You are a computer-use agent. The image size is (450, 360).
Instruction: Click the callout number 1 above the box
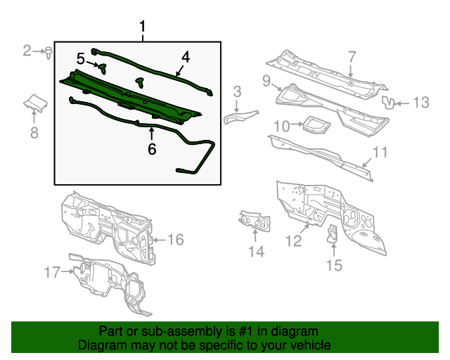pyautogui.click(x=143, y=27)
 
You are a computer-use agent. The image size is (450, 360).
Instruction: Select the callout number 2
pyautogui.click(x=27, y=50)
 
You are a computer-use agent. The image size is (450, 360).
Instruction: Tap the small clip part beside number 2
pyautogui.click(x=48, y=51)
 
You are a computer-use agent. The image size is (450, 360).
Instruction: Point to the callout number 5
pyautogui.click(x=81, y=58)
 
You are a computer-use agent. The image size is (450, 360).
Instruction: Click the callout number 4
pyautogui.click(x=186, y=57)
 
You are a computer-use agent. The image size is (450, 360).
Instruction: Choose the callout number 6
pyautogui.click(x=151, y=148)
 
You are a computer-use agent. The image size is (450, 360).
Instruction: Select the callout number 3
pyautogui.click(x=237, y=91)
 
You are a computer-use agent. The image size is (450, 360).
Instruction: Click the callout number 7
pyautogui.click(x=352, y=57)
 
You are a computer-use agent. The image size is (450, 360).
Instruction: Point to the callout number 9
pyautogui.click(x=267, y=81)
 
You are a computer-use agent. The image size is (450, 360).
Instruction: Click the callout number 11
pyautogui.click(x=380, y=152)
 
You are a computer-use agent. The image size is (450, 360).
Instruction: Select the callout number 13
pyautogui.click(x=420, y=103)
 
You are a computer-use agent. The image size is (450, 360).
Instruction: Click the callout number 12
pyautogui.click(x=293, y=241)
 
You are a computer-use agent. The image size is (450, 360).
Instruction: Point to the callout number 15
pyautogui.click(x=333, y=264)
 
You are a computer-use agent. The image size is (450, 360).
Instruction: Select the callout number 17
pyautogui.click(x=53, y=271)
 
